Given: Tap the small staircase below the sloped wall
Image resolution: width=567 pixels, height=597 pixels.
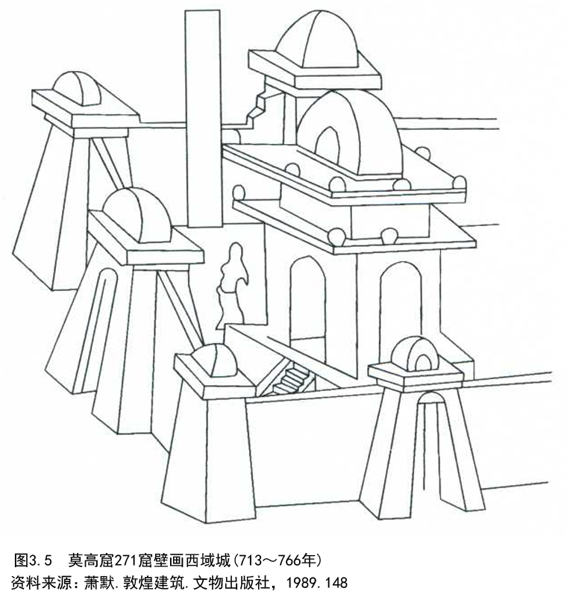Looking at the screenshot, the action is tap(291, 380).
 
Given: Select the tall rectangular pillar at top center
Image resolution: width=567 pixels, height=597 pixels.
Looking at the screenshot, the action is tap(203, 119).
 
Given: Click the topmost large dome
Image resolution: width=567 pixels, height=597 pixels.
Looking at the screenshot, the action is tap(317, 40).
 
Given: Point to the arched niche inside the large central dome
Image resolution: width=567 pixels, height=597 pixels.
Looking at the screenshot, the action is tap(328, 147).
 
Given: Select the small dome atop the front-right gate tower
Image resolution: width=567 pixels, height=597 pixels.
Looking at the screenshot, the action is tap(415, 354).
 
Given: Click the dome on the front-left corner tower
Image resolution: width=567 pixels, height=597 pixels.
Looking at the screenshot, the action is tap(214, 360).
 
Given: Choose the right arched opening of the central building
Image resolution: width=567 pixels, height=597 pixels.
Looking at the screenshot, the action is tap(401, 304).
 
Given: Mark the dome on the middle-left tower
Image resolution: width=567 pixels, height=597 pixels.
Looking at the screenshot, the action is tap(137, 215).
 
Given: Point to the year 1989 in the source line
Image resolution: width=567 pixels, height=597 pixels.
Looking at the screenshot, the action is tap(301, 582).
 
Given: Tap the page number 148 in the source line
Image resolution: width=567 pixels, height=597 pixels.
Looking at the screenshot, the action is tap(336, 582).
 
